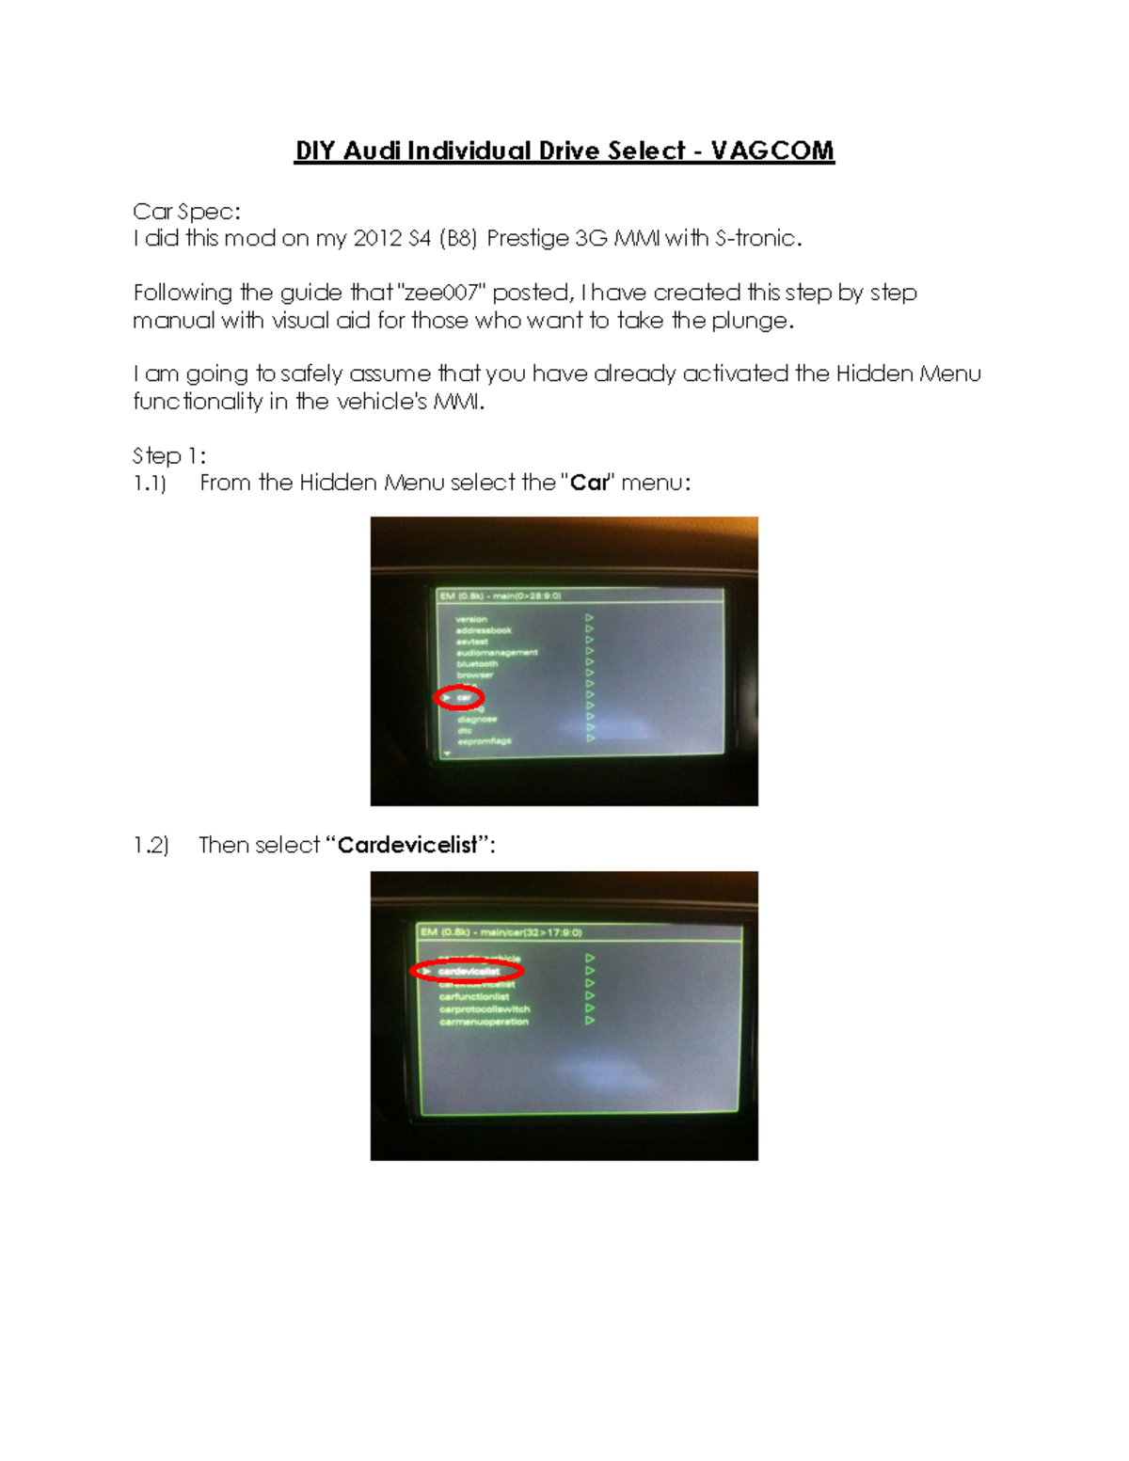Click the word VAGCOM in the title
[x=771, y=151]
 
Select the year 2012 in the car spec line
[x=378, y=238]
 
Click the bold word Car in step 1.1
[x=590, y=483]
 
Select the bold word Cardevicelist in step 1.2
[x=407, y=845]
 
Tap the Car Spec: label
[x=186, y=212]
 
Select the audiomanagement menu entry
[x=497, y=652]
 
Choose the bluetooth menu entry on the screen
[x=477, y=663]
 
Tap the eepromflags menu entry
[x=484, y=741]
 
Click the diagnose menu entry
[x=477, y=719]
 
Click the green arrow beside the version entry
[x=590, y=618]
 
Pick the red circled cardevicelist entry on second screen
[x=468, y=971]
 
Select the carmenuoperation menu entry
[x=484, y=1022]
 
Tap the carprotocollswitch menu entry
[x=485, y=1008]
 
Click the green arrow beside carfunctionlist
[x=590, y=995]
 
